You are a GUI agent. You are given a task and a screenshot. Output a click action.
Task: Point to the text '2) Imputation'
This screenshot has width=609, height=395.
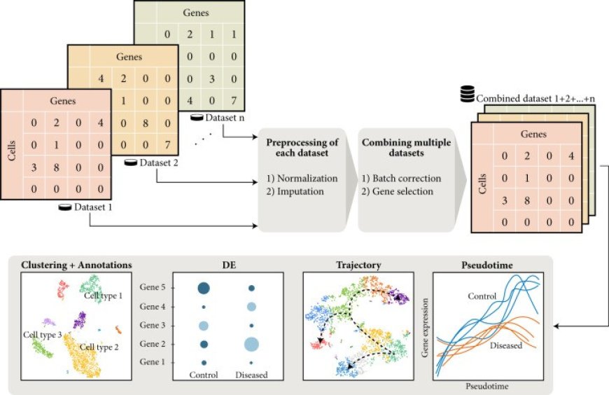point(295,190)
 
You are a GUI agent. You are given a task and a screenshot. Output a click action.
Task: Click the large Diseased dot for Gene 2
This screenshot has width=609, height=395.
point(251,344)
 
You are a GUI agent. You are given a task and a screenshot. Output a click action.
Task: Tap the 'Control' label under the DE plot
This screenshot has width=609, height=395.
point(204,375)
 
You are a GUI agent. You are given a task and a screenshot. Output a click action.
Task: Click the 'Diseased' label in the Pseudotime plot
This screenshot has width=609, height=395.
point(507,345)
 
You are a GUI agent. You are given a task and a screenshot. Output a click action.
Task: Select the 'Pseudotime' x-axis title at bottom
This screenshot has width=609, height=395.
point(486,385)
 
